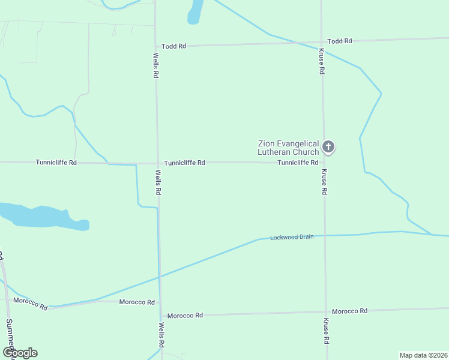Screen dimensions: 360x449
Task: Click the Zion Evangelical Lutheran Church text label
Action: (288, 148)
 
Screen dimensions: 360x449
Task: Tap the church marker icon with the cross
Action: (328, 146)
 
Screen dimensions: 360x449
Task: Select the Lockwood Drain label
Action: (292, 237)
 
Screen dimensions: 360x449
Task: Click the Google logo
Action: (20, 353)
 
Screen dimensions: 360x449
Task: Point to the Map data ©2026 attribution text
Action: (423, 355)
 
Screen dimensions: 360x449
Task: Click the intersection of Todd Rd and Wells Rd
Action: (156, 46)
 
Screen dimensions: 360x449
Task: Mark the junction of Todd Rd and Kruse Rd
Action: (322, 42)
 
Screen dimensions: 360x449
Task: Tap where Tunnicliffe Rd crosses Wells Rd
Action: (158, 163)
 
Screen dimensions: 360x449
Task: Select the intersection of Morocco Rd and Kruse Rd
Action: (326, 312)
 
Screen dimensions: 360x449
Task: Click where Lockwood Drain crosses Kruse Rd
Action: (325, 236)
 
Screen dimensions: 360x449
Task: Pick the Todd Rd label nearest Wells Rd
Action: (174, 46)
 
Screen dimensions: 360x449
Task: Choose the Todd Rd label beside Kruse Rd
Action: (340, 41)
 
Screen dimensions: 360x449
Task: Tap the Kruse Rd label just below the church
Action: (324, 182)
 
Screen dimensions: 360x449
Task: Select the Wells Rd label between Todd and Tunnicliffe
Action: (156, 65)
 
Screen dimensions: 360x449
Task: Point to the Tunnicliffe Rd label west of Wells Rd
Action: (56, 162)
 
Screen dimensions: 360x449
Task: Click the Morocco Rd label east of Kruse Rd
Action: (349, 311)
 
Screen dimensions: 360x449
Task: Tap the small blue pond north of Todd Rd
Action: (194, 12)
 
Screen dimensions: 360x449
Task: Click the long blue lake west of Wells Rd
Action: (42, 216)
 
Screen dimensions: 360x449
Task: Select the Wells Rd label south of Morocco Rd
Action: (161, 336)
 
